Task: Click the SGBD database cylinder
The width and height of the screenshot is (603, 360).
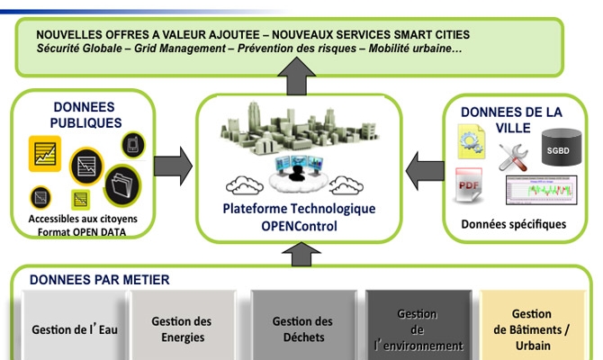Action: [x=562, y=148]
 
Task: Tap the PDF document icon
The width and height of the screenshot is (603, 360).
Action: [x=469, y=185]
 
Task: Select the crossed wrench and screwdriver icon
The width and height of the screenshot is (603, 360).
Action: [x=513, y=157]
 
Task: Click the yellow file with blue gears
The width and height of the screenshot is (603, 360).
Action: [x=471, y=141]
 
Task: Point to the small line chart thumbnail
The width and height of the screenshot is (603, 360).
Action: [x=542, y=190]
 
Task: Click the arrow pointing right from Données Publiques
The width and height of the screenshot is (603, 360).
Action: [x=173, y=166]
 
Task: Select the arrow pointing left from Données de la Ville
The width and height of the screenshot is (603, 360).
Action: [x=425, y=171]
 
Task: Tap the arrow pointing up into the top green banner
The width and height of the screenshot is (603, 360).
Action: [x=296, y=76]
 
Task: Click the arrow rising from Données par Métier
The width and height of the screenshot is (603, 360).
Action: [x=301, y=254]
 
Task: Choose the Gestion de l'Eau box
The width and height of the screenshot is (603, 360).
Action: [x=75, y=326]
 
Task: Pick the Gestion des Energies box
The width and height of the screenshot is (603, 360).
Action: [x=183, y=326]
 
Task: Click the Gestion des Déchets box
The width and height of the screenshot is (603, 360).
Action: [x=303, y=326]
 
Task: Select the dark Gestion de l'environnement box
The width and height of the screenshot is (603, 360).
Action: [x=418, y=326]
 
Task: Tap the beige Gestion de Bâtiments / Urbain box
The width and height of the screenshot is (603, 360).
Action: [x=533, y=326]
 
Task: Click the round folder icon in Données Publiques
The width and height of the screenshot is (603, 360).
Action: [x=122, y=185]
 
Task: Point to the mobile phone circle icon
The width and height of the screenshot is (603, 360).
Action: [x=133, y=145]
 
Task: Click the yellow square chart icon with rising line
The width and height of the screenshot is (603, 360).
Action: [x=45, y=154]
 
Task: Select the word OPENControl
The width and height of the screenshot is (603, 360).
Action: [x=299, y=226]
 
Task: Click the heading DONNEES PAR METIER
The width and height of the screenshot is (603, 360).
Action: [x=100, y=280]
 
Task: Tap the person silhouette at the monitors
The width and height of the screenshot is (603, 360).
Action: [x=296, y=173]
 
